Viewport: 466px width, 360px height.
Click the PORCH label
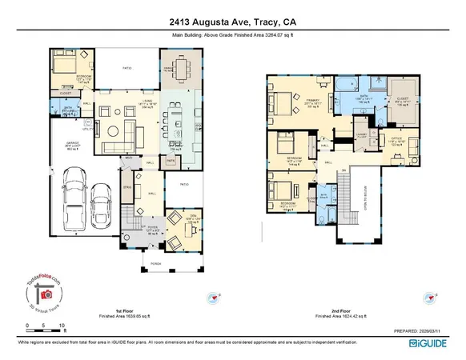pos(154,262)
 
